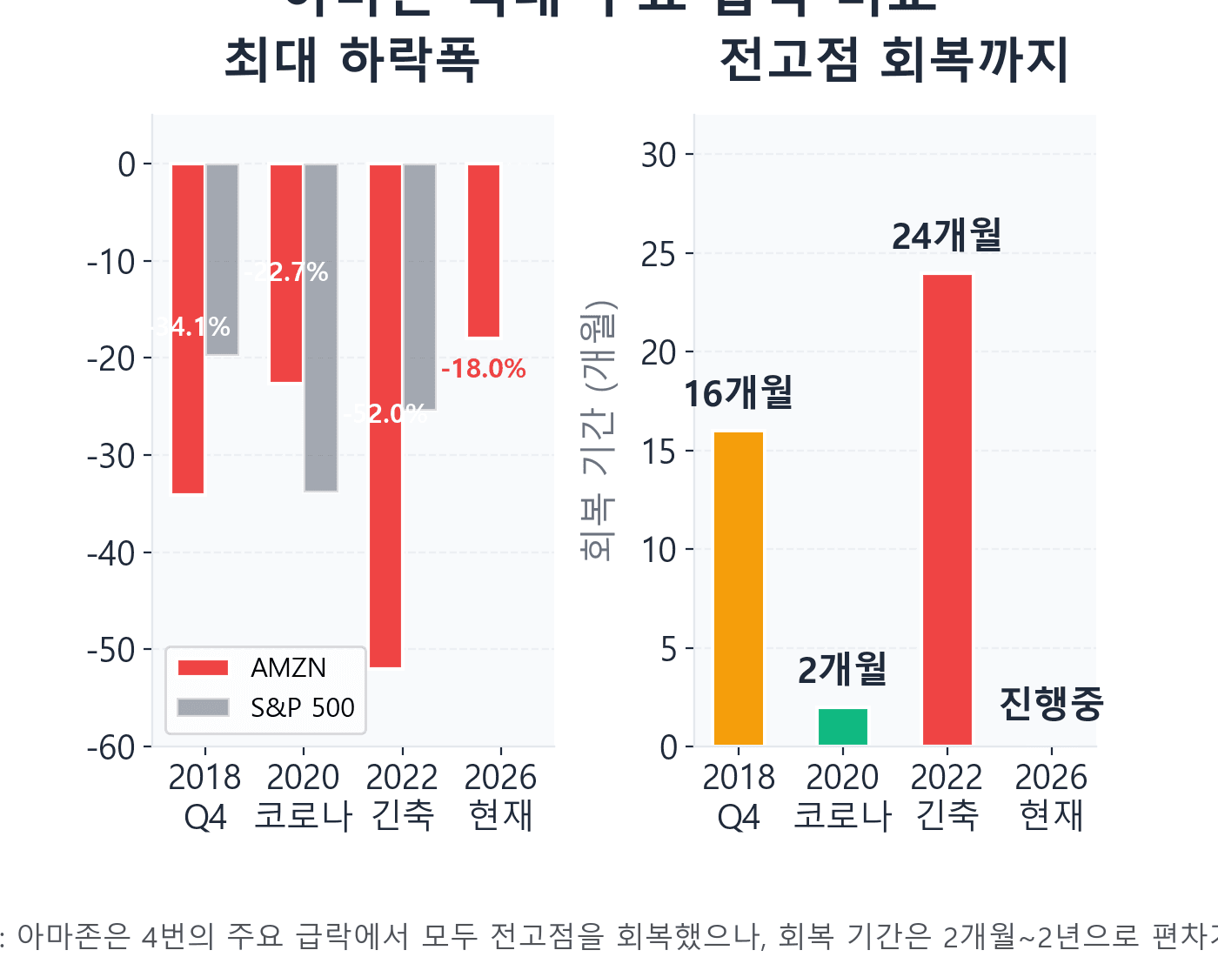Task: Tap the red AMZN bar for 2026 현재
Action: coord(484,251)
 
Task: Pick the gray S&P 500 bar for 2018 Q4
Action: coord(222,259)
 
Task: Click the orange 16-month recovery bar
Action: coord(738,588)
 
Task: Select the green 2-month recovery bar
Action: coord(842,726)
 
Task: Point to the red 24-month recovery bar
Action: coord(947,510)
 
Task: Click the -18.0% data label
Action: coord(484,369)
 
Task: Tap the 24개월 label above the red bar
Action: coord(947,236)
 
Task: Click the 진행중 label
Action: coord(1051,703)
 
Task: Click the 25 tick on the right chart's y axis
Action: coord(659,254)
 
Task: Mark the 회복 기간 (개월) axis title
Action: coord(599,431)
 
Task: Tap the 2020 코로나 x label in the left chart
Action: coord(303,796)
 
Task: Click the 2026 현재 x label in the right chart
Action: coord(1051,796)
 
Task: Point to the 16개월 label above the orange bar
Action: coord(738,393)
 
